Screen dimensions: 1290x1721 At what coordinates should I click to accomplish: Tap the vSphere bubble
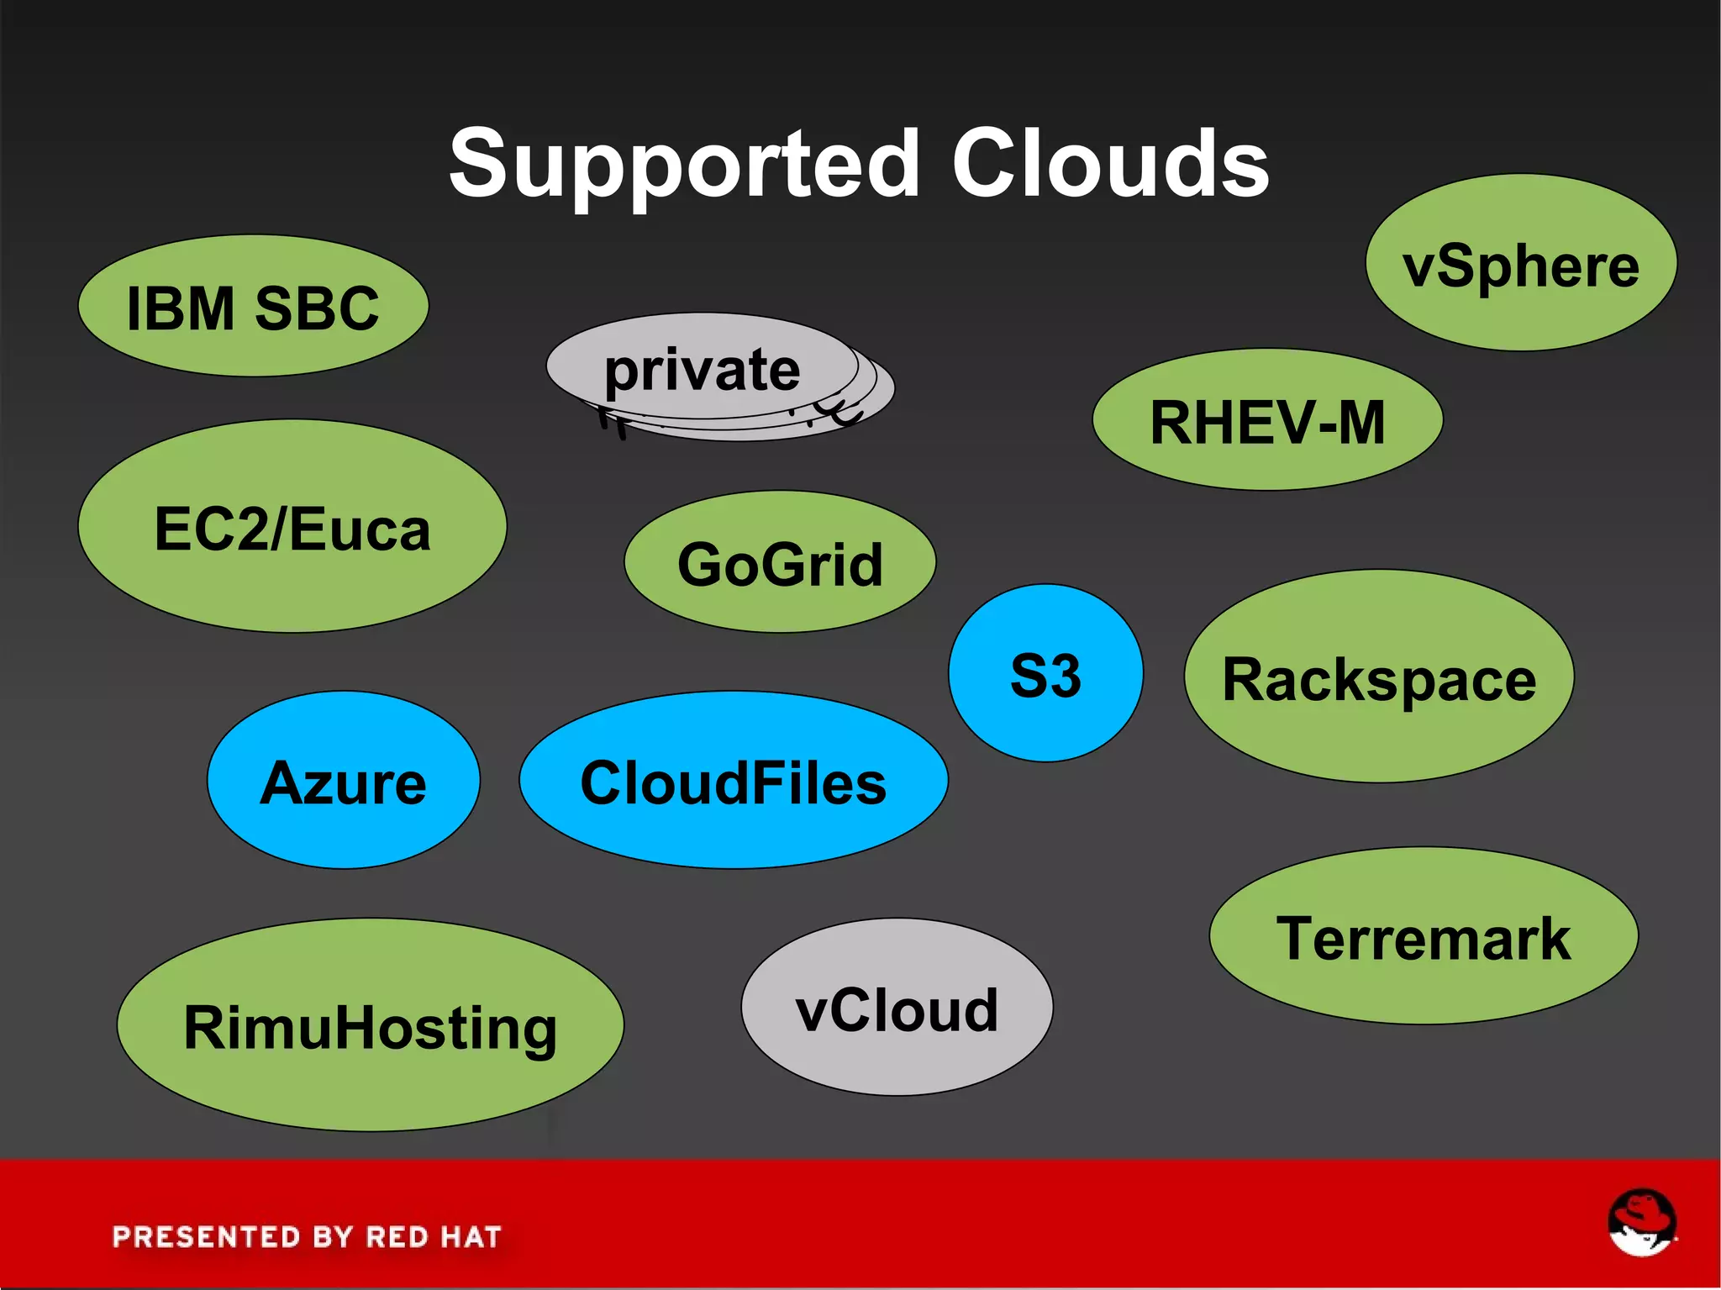[x=1520, y=264]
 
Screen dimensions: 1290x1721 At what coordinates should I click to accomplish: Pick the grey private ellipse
[x=703, y=369]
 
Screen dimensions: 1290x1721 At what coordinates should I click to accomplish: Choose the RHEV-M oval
[x=1267, y=421]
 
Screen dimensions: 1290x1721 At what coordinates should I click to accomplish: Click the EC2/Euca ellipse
[x=292, y=528]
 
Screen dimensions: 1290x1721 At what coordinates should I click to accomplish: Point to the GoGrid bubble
[x=780, y=563]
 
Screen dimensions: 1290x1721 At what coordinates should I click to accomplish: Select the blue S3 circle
[x=1045, y=674]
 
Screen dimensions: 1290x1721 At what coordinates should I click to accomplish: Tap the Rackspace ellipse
[x=1378, y=678]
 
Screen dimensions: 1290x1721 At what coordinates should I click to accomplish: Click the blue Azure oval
[x=343, y=782]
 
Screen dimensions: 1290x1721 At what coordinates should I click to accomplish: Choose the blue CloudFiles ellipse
[x=733, y=782]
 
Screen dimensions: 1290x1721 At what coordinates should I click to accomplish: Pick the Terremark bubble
[x=1424, y=937]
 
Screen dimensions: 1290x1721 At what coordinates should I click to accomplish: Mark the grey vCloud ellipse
[x=897, y=1008]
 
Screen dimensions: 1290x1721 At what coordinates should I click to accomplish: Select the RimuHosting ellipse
[x=370, y=1027]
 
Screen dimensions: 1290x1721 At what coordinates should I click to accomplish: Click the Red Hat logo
[x=1641, y=1223]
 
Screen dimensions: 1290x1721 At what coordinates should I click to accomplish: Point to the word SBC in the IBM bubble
[x=317, y=308]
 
